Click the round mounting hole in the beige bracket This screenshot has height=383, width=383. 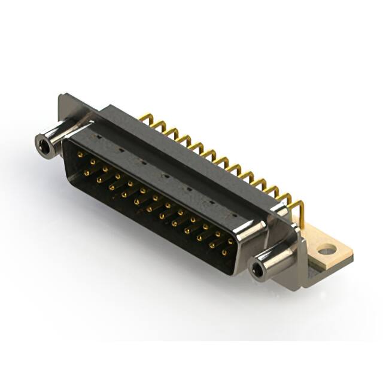(x=326, y=250)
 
